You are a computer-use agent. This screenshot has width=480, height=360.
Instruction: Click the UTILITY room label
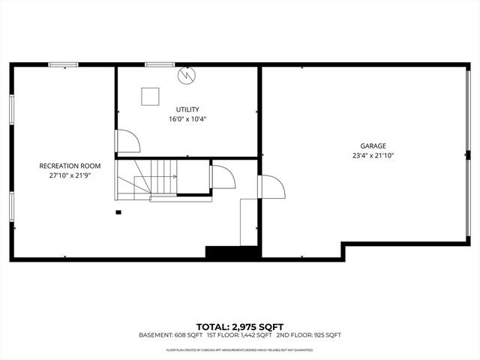(187, 109)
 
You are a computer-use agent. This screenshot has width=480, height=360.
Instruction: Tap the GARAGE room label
(372, 146)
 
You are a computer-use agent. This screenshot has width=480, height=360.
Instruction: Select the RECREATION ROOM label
(70, 166)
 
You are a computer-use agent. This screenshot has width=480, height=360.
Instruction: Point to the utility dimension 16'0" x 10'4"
(187, 118)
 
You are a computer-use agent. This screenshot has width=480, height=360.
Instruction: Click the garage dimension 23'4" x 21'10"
(372, 156)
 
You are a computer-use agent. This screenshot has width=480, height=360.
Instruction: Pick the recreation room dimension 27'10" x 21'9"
(70, 175)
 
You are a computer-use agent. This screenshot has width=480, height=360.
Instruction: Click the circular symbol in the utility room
(186, 75)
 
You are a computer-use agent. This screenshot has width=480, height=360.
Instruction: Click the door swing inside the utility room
(124, 141)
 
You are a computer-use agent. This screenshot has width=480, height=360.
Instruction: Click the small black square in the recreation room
(118, 212)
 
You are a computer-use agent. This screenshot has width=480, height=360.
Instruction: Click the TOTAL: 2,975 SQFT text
(240, 326)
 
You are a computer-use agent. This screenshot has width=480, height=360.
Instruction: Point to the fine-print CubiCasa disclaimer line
(240, 349)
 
